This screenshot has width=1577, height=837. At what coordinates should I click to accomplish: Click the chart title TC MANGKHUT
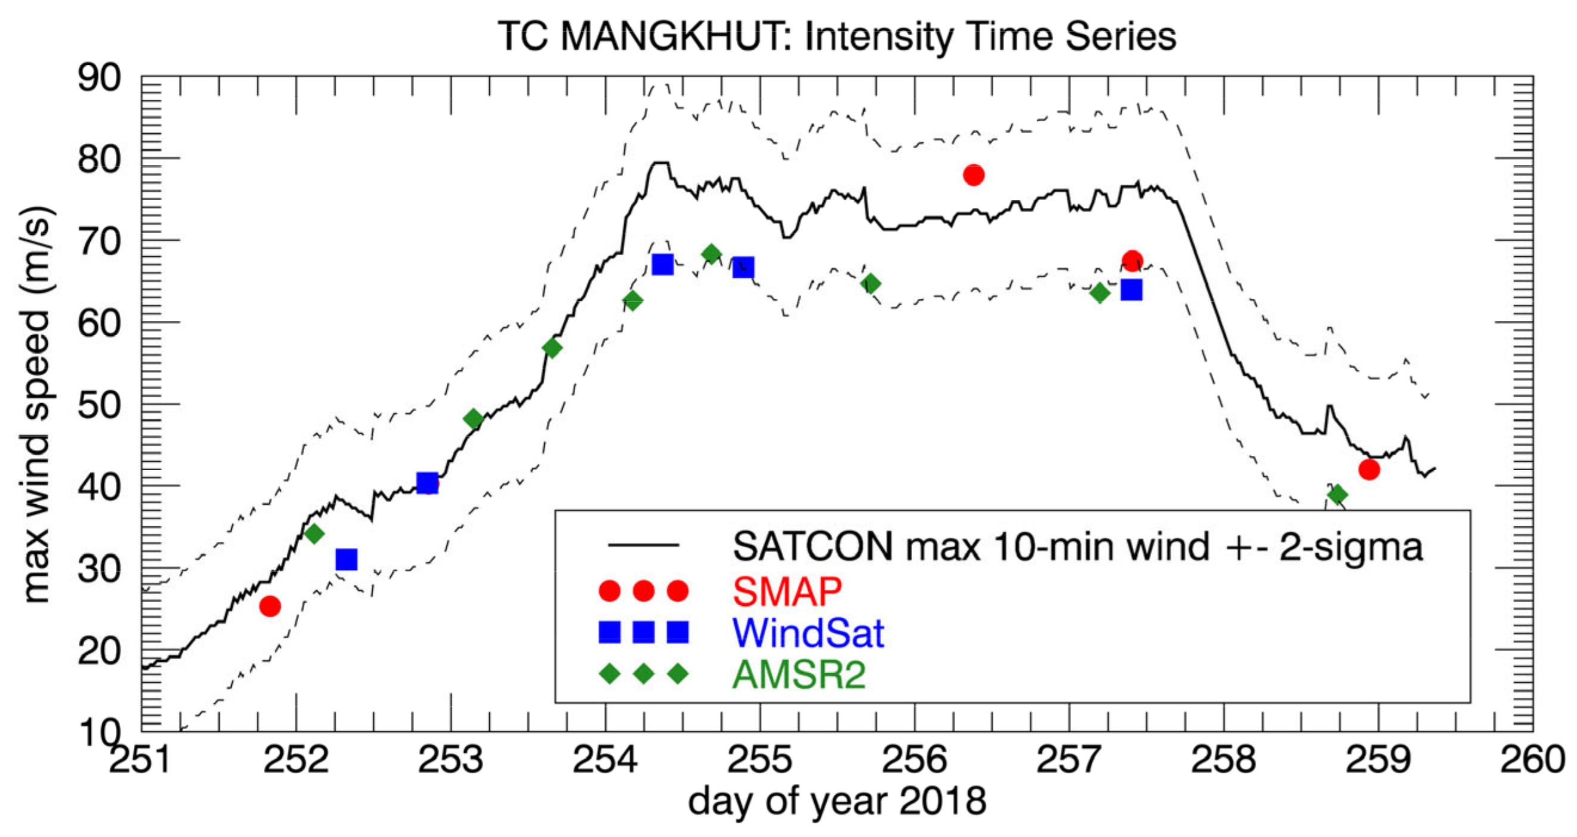coord(836,36)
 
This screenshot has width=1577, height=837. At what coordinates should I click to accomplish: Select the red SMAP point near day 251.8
coord(270,606)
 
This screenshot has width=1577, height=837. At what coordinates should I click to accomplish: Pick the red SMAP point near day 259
coord(1369,470)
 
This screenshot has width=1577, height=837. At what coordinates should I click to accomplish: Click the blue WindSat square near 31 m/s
coord(346,559)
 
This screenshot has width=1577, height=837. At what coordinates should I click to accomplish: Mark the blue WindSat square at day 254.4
coord(662,265)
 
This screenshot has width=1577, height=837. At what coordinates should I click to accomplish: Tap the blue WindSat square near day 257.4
coord(1131,290)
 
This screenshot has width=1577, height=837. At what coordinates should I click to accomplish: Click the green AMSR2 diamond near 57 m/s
coord(551,348)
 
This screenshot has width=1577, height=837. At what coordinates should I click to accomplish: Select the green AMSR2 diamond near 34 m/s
coord(314,534)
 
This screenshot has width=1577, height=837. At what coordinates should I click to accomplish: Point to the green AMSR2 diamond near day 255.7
coord(870,284)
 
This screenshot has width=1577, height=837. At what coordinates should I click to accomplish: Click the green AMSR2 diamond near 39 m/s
coord(1337,494)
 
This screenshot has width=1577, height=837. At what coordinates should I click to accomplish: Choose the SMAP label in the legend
coord(787,591)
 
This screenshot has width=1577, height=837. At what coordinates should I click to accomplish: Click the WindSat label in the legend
coord(808,633)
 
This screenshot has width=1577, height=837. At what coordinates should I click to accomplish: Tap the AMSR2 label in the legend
coord(799,674)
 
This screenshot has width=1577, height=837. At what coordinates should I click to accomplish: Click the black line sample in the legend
coord(643,545)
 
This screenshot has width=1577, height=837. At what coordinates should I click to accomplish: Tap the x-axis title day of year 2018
coord(836,802)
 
